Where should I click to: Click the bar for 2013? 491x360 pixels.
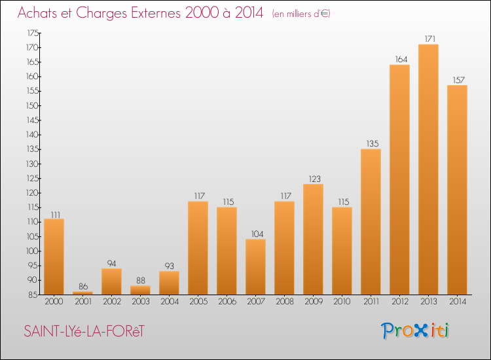428,170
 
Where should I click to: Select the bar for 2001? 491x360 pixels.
82,293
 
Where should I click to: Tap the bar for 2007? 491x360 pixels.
255,266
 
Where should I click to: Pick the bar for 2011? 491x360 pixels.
371,222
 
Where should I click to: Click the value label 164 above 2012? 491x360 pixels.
401,59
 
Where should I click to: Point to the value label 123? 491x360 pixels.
315,179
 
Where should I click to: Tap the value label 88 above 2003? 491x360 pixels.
141,280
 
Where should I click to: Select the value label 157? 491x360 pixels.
459,80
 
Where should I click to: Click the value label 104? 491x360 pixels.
257,234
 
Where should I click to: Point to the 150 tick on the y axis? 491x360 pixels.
32,105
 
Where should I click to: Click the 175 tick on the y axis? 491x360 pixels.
33,33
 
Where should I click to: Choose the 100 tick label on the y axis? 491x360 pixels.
32,251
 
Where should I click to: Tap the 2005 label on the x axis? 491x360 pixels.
198,301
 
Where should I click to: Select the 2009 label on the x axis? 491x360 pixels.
314,301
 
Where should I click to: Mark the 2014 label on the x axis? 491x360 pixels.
458,301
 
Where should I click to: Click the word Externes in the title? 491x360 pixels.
156,12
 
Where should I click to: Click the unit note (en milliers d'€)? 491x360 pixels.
301,14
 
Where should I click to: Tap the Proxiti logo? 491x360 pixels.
415,331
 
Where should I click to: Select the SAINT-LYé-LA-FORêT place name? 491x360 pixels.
84,331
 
